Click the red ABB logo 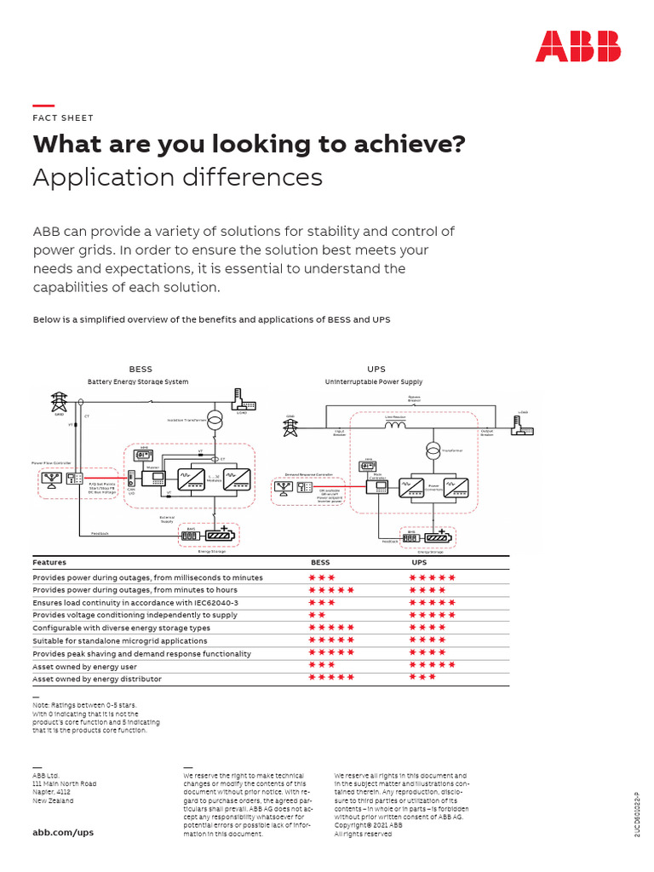tap(577, 46)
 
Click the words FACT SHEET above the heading tap(63, 118)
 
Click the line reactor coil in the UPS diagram tap(395, 425)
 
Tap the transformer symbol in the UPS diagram tap(433, 450)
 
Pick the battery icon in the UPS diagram tap(439, 537)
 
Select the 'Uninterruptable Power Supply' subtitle tap(374, 382)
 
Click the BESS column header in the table tap(320, 563)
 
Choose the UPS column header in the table tap(419, 563)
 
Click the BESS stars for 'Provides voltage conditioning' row tap(317, 615)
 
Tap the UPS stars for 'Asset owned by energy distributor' tap(422, 679)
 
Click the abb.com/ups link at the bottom tap(63, 832)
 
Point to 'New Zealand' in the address tap(53, 801)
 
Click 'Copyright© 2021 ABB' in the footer tap(368, 826)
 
